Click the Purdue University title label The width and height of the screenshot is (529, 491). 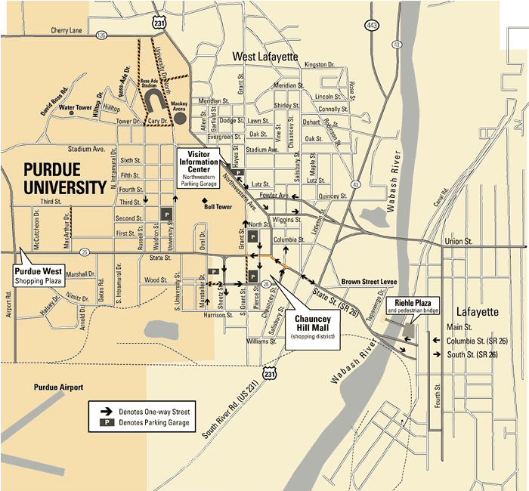click(64, 177)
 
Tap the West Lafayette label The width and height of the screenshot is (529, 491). click(265, 57)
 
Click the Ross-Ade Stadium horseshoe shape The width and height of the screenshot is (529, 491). click(153, 101)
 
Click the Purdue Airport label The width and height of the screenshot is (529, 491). click(58, 387)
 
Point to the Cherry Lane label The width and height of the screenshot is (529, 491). click(67, 31)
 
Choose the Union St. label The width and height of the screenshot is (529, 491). click(458, 241)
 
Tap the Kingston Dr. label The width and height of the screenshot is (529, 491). click(319, 64)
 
